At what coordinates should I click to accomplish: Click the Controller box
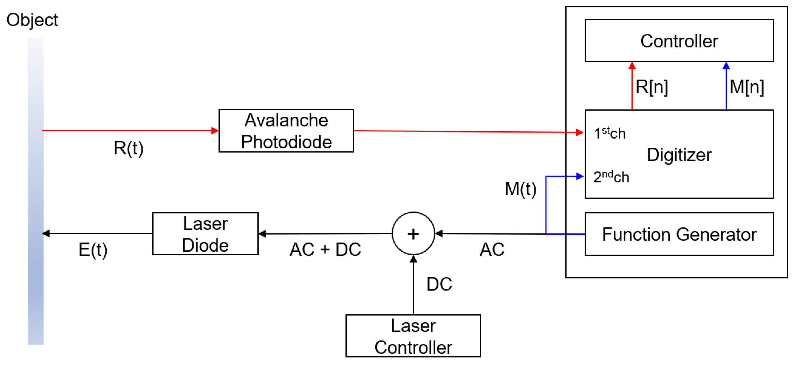679,41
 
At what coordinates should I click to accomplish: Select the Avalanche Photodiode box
286,131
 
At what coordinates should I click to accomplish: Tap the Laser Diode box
205,234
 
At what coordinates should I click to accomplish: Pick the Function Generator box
679,234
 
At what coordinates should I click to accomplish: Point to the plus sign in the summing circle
413,234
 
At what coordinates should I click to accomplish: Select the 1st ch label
609,133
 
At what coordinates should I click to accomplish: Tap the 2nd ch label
611,177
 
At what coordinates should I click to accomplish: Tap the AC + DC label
325,249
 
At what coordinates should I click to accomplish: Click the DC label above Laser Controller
439,284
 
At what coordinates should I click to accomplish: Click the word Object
32,20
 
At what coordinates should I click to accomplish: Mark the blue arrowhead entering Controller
726,65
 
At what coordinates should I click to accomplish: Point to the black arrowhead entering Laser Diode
262,234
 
